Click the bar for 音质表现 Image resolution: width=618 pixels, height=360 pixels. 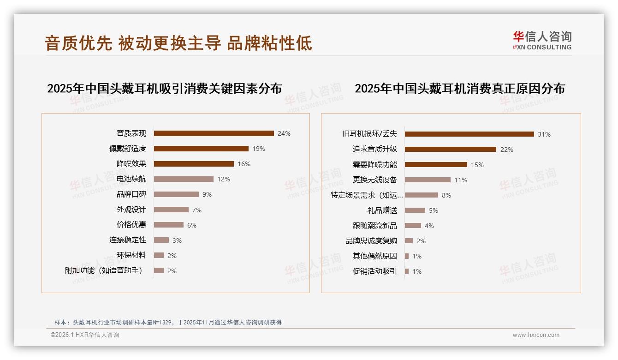pos(214,133)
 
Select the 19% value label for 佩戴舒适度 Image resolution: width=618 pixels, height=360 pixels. pos(259,149)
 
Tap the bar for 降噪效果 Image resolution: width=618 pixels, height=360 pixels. pos(194,164)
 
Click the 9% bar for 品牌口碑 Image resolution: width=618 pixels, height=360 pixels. pos(176,194)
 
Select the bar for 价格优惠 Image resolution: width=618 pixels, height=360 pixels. pos(168,225)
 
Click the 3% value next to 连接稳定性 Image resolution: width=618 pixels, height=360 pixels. pos(177,240)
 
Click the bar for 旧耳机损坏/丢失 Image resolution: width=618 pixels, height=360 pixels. pos(469,134)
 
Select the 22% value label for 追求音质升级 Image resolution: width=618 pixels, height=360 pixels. pos(506,150)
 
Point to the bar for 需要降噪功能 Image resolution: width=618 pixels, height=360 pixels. pos(436,164)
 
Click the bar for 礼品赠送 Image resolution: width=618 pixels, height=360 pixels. pos(415,210)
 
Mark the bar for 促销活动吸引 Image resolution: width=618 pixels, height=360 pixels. pos(407,271)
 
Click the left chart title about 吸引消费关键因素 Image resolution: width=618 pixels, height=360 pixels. pos(164,89)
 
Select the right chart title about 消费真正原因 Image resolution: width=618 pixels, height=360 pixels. pos(459,89)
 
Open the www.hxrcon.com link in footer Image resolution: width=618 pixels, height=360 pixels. pos(536,335)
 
